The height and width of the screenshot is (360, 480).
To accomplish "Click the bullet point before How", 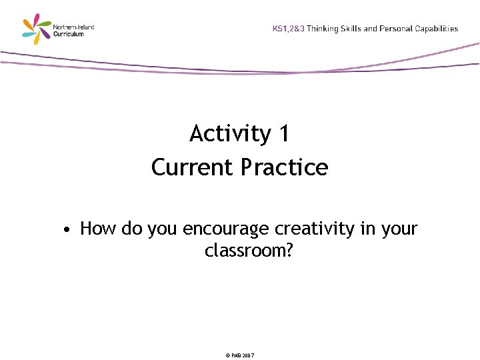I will (67, 231).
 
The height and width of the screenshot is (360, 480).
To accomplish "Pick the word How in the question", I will (98, 229).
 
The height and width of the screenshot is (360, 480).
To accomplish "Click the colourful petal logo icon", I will (36, 29).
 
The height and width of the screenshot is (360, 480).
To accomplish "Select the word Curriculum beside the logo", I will (69, 33).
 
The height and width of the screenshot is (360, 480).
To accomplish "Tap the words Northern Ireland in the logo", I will (73, 27).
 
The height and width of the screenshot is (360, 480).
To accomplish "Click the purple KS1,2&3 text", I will (289, 29).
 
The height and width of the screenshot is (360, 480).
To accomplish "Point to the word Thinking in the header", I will (323, 29).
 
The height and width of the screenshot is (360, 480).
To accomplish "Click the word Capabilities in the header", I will (437, 29).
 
